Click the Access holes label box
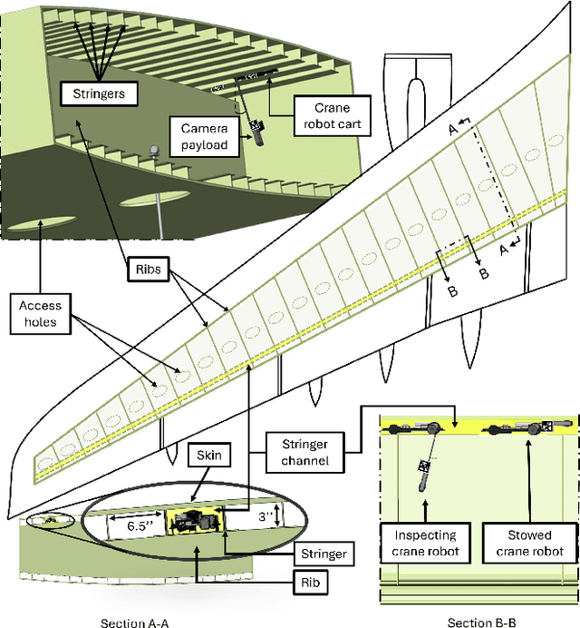tap(40, 314)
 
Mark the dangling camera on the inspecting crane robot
tap(422, 471)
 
